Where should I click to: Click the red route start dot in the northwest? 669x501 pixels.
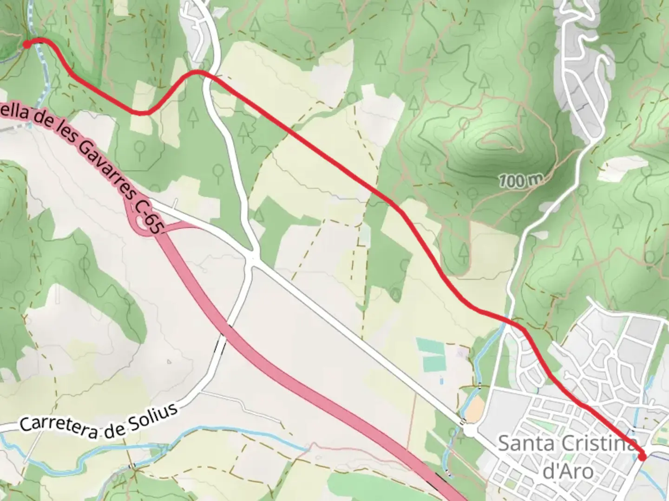point(27,44)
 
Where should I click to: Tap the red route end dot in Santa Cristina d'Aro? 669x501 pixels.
point(642,457)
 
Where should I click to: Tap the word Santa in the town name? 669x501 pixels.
point(526,444)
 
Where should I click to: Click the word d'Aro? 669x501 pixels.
point(568,472)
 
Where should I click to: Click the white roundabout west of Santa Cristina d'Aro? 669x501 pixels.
point(468,430)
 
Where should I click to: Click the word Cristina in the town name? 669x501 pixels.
point(597,444)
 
